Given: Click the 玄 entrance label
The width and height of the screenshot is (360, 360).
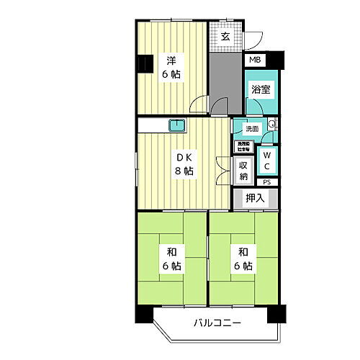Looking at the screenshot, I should (x=225, y=37).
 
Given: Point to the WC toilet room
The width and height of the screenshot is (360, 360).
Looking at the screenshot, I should (x=265, y=161).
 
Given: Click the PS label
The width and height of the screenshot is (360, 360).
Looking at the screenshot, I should (x=266, y=183).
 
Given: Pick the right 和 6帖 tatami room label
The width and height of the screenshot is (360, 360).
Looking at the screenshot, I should (x=242, y=260).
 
